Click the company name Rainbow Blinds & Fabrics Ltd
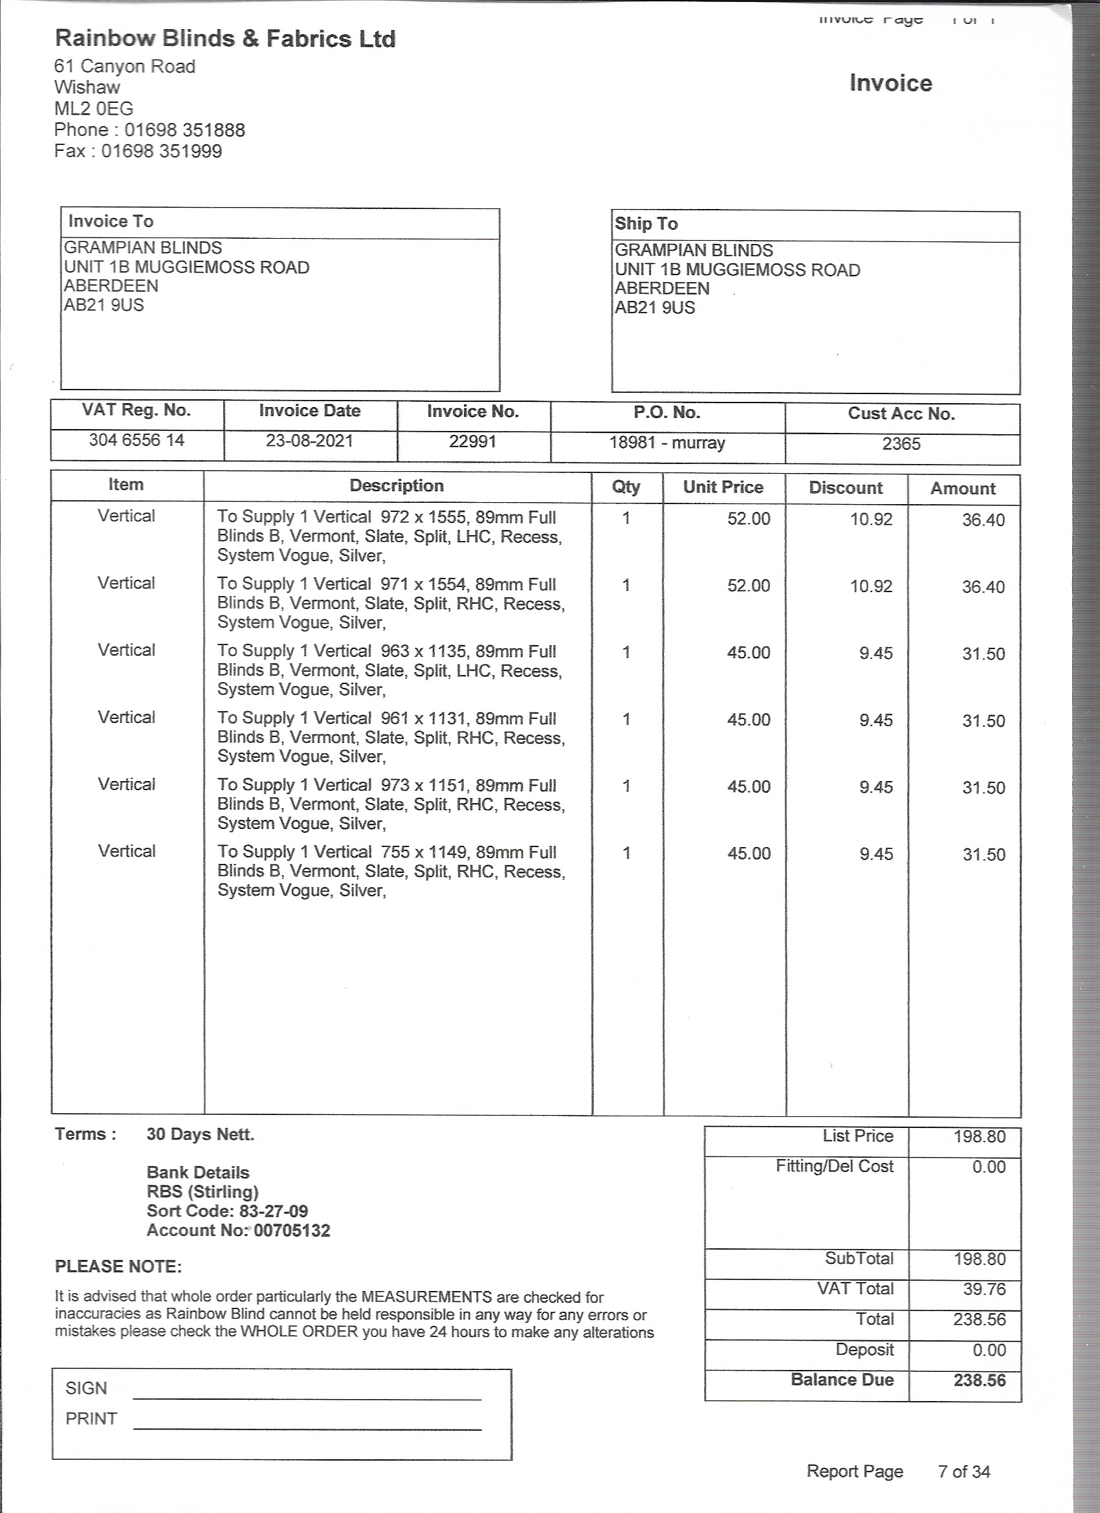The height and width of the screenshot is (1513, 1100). [225, 39]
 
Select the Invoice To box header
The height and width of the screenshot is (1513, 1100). [111, 221]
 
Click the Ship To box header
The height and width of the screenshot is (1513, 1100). [646, 224]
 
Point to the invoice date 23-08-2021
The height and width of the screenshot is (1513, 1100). [309, 441]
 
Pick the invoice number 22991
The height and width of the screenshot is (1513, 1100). [472, 441]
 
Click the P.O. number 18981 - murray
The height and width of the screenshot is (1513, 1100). [666, 443]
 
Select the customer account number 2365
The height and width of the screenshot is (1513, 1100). [901, 445]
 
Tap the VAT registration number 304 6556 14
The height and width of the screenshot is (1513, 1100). [137, 440]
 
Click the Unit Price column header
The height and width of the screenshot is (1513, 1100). [723, 487]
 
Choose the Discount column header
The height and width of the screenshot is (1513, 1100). [845, 488]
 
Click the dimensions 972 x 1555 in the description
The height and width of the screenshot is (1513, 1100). [423, 517]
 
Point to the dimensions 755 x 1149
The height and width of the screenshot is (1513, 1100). [424, 852]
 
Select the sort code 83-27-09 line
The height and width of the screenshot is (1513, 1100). [227, 1211]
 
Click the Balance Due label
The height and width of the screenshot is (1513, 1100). [842, 1380]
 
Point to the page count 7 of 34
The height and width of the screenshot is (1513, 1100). [964, 1471]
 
